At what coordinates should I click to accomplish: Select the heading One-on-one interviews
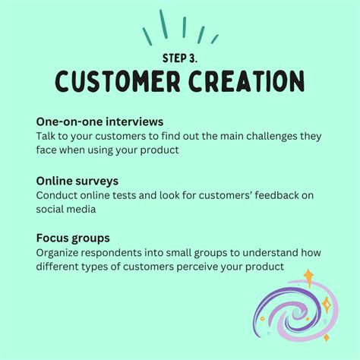(99, 122)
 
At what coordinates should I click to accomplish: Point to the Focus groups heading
(72, 238)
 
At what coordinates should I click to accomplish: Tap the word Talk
(47, 136)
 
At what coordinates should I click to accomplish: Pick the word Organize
(62, 252)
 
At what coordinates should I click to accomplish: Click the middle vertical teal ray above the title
(184, 28)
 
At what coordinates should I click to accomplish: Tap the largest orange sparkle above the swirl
(308, 276)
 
